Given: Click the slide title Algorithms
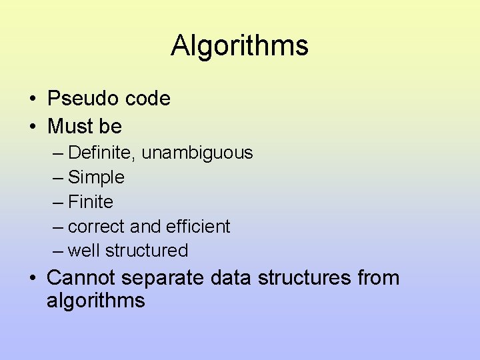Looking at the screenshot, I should click(x=239, y=46).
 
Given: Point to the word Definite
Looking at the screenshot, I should click(x=103, y=153).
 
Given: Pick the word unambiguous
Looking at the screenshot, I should click(x=198, y=153).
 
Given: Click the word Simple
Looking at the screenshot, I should click(x=97, y=177).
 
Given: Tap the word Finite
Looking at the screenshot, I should click(x=91, y=201).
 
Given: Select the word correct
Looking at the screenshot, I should click(x=97, y=227).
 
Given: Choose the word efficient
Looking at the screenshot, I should click(x=199, y=227).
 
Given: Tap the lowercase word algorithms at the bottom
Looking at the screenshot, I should click(x=95, y=301).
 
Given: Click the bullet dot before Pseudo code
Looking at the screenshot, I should click(x=32, y=99).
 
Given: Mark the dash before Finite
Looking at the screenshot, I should click(x=58, y=202).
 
